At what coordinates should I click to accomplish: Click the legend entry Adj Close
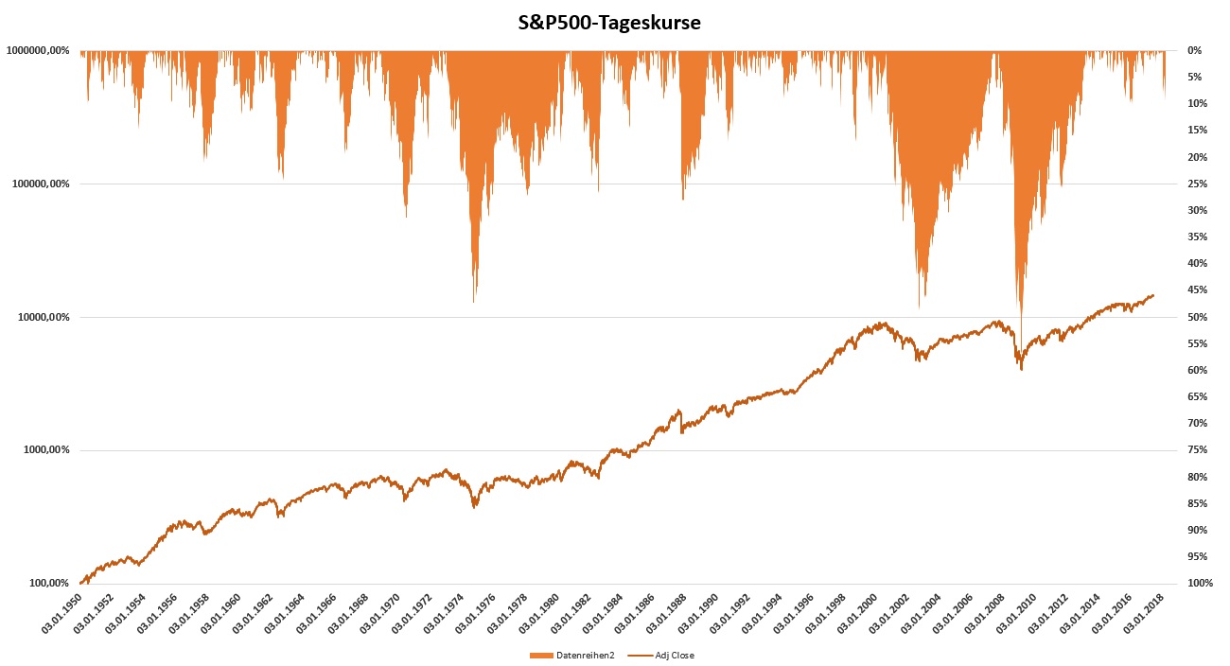pos(675,655)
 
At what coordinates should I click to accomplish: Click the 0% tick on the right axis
pos(1194,50)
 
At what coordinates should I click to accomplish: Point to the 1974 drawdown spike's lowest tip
pos(474,302)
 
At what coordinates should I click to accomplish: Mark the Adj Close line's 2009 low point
pos(1021,369)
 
